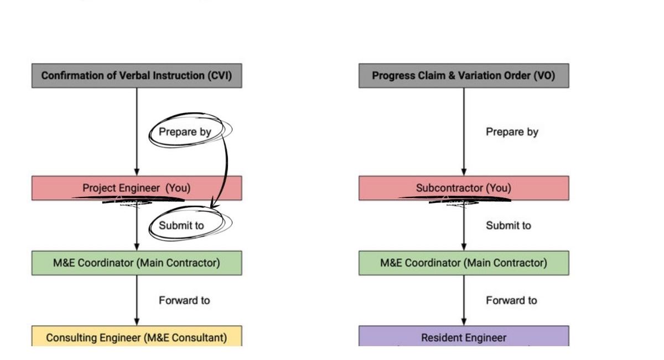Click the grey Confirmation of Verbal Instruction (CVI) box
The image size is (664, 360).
[x=136, y=76]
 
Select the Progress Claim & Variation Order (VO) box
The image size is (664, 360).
[x=463, y=76]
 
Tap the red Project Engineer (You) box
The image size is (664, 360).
[x=136, y=188]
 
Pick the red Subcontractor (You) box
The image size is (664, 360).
[x=463, y=188]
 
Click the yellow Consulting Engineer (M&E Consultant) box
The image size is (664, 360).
[x=136, y=337]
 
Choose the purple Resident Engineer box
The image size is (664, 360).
[x=463, y=337]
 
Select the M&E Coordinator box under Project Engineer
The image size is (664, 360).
[x=136, y=263]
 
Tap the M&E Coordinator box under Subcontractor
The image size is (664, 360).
[x=463, y=263]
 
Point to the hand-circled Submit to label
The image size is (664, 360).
[x=181, y=226]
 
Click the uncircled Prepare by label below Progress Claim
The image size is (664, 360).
[x=512, y=132]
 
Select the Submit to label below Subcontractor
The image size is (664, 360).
[x=508, y=226]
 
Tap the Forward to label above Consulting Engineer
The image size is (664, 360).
[x=184, y=300]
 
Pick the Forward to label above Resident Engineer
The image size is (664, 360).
[x=511, y=300]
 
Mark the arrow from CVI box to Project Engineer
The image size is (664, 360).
[x=137, y=133]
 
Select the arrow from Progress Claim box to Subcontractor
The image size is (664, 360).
[x=464, y=133]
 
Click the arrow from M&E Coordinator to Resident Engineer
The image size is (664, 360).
[x=464, y=300]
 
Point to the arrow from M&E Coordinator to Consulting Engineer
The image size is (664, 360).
[x=137, y=300]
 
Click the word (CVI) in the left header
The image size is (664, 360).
[x=220, y=76]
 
